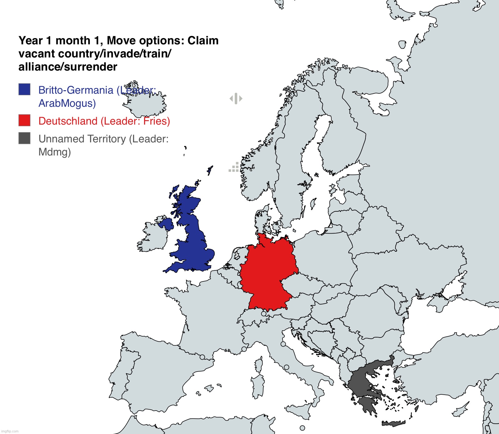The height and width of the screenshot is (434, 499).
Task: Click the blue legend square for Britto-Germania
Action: pos(24,89)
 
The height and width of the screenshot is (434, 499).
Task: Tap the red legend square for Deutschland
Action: pos(24,120)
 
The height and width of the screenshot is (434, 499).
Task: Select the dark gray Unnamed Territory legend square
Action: pos(24,138)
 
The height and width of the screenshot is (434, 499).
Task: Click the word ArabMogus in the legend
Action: pos(67,103)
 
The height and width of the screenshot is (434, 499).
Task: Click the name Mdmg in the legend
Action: pos(55,152)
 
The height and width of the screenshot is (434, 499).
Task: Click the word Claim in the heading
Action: pos(203,41)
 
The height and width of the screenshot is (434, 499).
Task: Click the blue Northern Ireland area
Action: pos(166,224)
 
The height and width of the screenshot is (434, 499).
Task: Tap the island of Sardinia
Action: pos(258,387)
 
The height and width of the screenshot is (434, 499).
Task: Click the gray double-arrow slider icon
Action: pos(236,99)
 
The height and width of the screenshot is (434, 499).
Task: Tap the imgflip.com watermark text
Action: pos(10,431)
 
